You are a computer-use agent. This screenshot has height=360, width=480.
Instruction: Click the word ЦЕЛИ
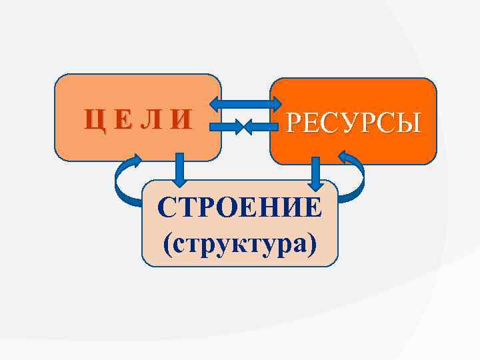pos(137,121)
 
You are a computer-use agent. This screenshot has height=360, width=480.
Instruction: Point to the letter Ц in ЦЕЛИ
pos(93,121)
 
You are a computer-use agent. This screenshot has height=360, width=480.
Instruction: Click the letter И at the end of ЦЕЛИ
pos(180,121)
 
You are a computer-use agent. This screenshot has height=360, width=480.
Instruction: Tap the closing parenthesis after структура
pos(312,243)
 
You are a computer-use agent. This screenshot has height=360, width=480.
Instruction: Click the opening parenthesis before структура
pos(168,243)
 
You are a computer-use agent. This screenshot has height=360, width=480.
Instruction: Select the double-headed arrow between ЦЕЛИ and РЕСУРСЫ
pos(247,103)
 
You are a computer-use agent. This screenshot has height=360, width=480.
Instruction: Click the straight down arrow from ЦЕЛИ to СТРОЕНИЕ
pos(178,169)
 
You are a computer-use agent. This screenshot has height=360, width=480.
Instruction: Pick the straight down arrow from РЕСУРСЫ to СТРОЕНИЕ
pos(316,172)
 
